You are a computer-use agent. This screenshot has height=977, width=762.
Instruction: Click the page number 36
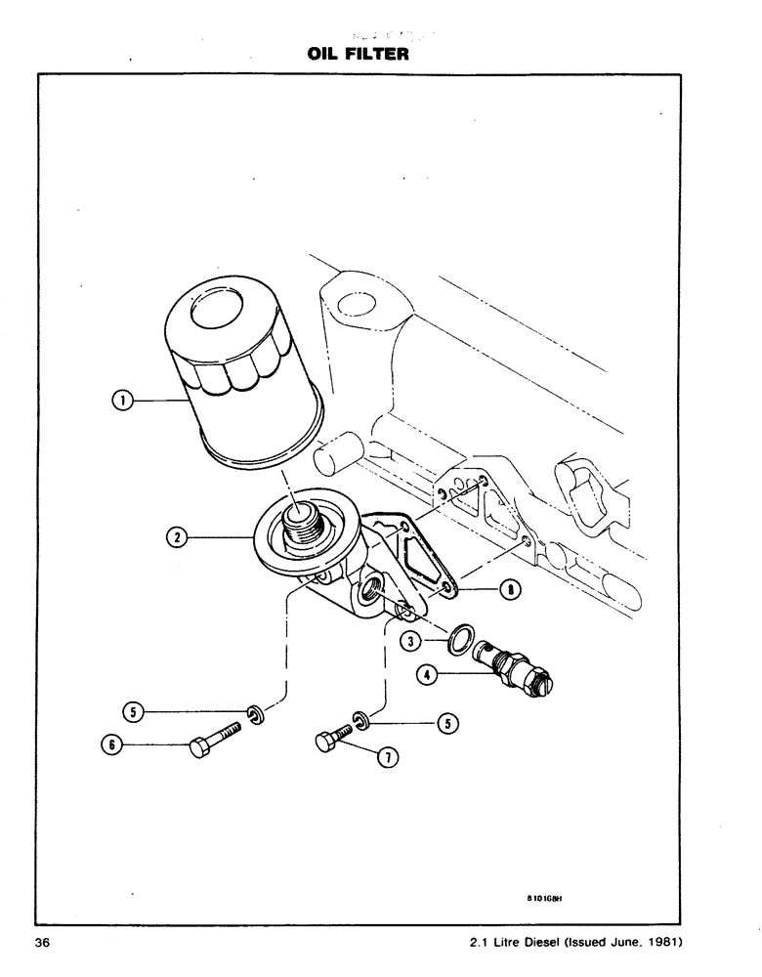(x=42, y=943)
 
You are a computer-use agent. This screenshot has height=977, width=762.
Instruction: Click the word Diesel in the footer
(x=537, y=943)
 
